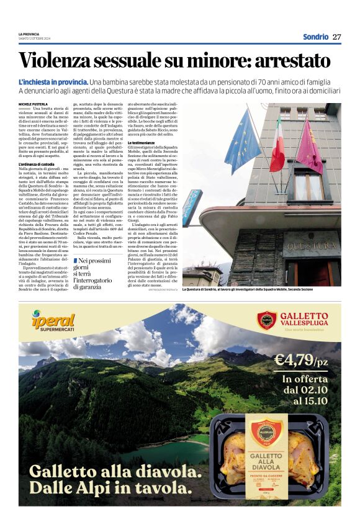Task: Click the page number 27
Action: pyautogui.click(x=336, y=37)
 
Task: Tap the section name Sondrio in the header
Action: pyautogui.click(x=315, y=37)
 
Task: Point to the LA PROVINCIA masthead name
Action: pyautogui.click(x=29, y=34)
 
